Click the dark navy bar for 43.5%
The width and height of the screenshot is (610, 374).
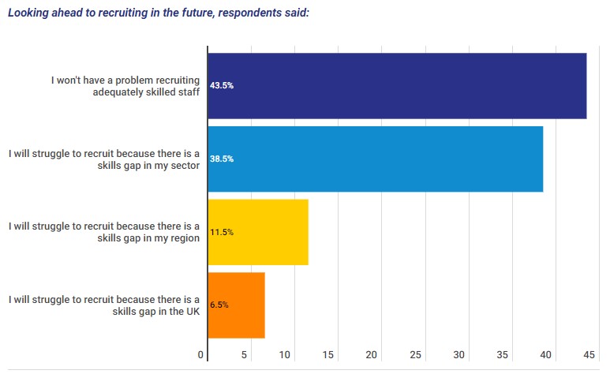(397, 85)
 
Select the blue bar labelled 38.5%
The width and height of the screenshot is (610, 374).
(375, 159)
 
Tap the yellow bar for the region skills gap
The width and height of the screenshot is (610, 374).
(258, 232)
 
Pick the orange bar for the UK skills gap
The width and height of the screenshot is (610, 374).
(236, 305)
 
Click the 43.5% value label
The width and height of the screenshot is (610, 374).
(222, 85)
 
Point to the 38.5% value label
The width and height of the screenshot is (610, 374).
(222, 159)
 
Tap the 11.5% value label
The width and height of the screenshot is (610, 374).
(222, 232)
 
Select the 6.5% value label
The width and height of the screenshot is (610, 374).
(219, 305)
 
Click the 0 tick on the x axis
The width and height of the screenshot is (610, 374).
(201, 354)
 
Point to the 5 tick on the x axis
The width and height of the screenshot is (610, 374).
(245, 354)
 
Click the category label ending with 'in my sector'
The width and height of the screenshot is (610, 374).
(103, 159)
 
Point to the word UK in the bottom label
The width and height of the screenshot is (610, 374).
(191, 311)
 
